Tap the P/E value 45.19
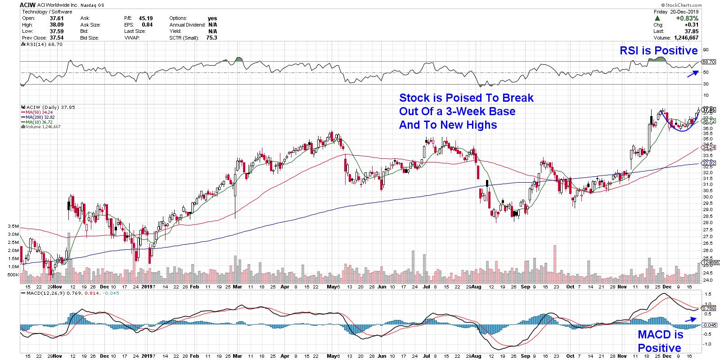click(x=144, y=18)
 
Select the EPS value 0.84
click(x=147, y=25)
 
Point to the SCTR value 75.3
click(x=211, y=38)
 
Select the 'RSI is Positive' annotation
click(x=658, y=51)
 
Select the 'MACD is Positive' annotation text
click(x=660, y=342)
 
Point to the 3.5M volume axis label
click(x=13, y=226)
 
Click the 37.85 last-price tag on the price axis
click(x=709, y=110)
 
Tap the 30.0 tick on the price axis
click(x=705, y=197)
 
